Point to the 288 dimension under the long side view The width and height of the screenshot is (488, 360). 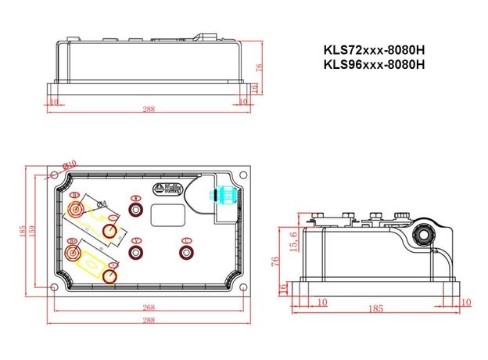[149, 109]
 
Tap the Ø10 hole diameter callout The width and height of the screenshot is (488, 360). [70, 164]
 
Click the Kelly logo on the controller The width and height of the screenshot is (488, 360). [168, 189]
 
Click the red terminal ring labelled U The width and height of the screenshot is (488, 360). [186, 251]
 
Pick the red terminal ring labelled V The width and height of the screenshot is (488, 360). [137, 251]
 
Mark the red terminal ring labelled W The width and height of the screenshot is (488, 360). [137, 211]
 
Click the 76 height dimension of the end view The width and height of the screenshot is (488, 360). [276, 260]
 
